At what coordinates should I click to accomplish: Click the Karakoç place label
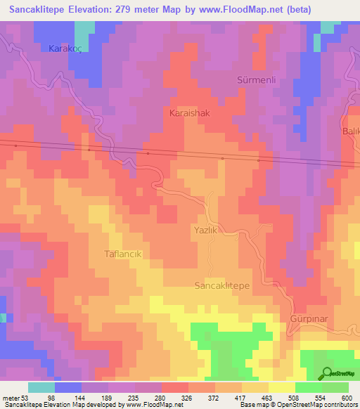[65, 48]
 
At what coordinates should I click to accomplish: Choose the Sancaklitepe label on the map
[221, 285]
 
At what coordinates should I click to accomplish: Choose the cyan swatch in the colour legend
[41, 387]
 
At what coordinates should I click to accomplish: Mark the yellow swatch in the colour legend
[282, 387]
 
